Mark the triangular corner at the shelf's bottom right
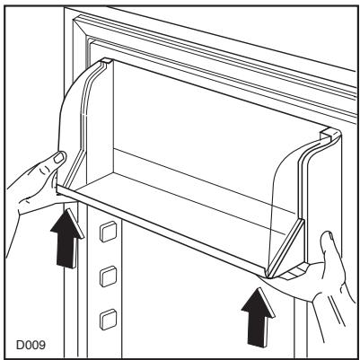[292, 260]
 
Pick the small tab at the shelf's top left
[103, 62]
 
